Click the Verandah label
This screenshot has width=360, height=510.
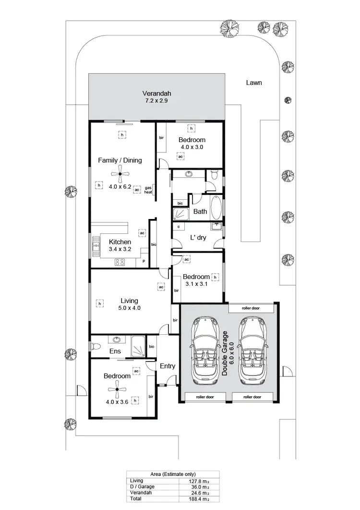[156, 93]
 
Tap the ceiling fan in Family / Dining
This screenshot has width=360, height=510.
[120, 175]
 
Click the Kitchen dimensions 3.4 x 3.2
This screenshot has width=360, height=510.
[120, 249]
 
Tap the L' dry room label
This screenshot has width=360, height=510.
[198, 237]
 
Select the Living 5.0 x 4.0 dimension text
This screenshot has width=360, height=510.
[130, 308]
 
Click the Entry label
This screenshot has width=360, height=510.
[168, 366]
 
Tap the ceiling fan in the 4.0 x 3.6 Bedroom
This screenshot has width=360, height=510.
[117, 389]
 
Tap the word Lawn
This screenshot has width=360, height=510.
[254, 83]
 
